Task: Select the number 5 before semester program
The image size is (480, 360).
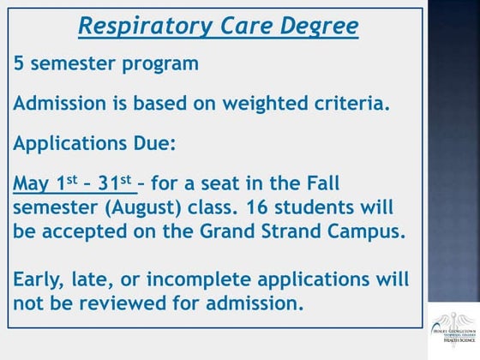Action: (20, 63)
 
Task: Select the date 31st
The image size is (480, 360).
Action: (114, 183)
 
